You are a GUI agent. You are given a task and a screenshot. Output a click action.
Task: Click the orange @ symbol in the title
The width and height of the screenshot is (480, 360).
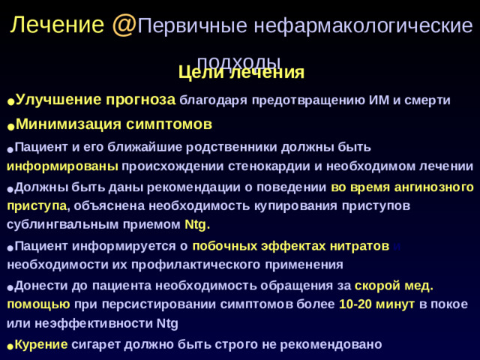[x=124, y=25]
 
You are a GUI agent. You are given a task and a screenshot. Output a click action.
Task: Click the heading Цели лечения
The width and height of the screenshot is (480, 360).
[x=241, y=73]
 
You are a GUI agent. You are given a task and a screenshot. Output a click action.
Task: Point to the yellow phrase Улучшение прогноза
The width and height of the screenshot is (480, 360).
[x=95, y=99]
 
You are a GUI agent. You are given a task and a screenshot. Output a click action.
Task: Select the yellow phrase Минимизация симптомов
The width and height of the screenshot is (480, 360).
[x=114, y=124]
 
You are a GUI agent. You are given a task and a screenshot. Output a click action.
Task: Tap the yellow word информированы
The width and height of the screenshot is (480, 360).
[x=62, y=166]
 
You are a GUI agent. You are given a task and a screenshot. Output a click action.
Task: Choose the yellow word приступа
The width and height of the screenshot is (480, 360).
[x=37, y=205]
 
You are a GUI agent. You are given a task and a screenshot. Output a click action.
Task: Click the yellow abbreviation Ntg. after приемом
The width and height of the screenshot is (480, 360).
[x=197, y=224]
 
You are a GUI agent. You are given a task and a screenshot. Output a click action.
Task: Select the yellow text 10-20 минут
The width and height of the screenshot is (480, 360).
[x=377, y=304]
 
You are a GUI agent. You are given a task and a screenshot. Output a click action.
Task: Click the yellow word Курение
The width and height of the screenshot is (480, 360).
[x=42, y=344]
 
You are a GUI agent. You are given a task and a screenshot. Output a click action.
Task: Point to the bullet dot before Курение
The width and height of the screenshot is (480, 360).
[x=10, y=346]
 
